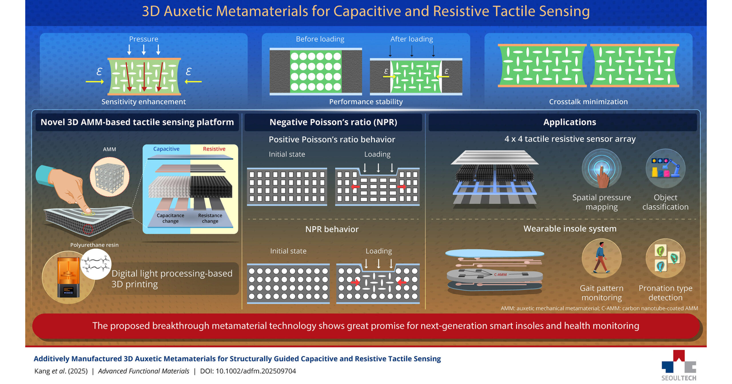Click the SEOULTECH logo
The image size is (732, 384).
point(679,365)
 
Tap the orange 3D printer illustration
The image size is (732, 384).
point(69,277)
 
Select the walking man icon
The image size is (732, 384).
point(601,258)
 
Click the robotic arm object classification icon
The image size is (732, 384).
point(665,168)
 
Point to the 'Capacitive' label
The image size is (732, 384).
point(166,149)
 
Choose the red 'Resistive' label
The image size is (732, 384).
point(214,149)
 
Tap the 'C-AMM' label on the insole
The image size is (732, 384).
point(500,275)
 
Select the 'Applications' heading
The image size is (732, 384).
point(570,122)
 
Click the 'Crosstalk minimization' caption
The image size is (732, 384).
point(588,102)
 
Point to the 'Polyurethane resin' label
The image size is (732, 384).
point(94,245)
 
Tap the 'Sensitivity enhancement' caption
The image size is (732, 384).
point(144,102)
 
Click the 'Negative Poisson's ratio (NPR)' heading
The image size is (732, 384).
point(333,122)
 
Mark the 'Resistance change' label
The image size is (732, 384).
point(210,218)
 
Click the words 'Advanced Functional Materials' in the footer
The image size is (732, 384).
point(144,371)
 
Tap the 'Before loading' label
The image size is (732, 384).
point(320,39)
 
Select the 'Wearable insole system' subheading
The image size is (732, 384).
point(570,229)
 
